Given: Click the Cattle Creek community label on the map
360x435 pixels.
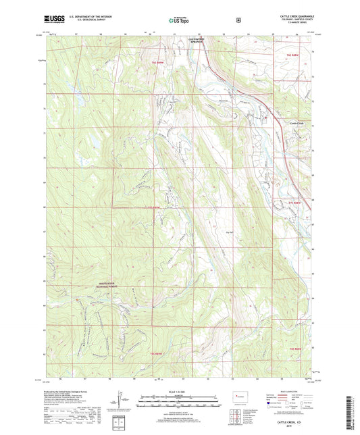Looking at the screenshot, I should point(297,122).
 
